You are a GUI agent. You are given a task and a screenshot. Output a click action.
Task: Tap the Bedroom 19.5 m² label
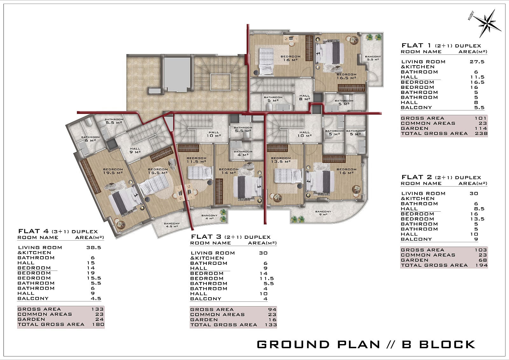pyautogui.click(x=113, y=171)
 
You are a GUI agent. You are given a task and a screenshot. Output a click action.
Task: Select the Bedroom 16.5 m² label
pyautogui.click(x=346, y=76)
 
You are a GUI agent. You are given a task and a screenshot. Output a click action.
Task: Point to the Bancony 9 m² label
pyautogui.click(x=323, y=213)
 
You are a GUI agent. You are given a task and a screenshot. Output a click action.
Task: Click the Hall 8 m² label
pyautogui.click(x=304, y=97)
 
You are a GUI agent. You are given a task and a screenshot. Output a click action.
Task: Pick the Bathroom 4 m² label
pyautogui.click(x=243, y=153)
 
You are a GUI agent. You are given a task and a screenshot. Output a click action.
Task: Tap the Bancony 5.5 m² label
pyautogui.click(x=373, y=58)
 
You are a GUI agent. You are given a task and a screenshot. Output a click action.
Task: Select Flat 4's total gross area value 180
pyautogui.click(x=98, y=324)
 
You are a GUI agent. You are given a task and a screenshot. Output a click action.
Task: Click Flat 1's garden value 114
pyautogui.click(x=481, y=128)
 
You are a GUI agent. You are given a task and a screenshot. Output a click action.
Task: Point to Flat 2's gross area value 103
pyautogui.click(x=481, y=250)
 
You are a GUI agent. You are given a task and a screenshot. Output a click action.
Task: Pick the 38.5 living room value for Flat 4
pyautogui.click(x=94, y=247)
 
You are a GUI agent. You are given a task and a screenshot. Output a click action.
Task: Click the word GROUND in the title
pyautogui.click(x=293, y=344)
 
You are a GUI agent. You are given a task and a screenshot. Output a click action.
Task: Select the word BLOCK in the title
pyautogui.click(x=447, y=344)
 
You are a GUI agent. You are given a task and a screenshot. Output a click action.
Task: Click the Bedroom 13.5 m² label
pyautogui.click(x=281, y=160)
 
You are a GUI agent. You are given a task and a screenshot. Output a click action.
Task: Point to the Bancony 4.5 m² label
pyautogui.click(x=172, y=225)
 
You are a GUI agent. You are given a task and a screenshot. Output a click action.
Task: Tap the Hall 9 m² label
pyautogui.click(x=135, y=150)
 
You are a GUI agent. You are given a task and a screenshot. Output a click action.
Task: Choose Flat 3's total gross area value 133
pyautogui.click(x=271, y=325)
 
